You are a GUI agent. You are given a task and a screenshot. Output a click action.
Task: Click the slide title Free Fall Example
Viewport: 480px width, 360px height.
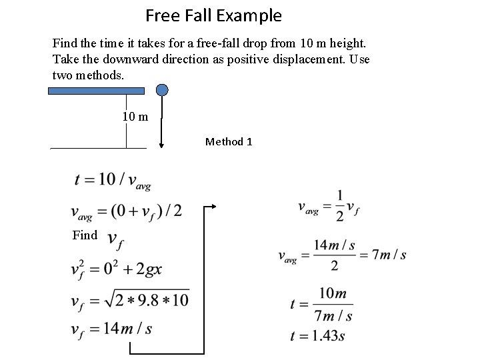tap(213, 15)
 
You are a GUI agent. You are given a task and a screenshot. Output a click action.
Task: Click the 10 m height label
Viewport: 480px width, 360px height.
tap(135, 117)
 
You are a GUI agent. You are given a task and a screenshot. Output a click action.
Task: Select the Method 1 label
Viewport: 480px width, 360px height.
tap(229, 141)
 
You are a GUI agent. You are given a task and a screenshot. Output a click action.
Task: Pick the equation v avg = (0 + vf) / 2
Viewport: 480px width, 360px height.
tap(127, 211)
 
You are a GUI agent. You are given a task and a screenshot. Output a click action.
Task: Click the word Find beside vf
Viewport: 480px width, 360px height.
tap(86, 235)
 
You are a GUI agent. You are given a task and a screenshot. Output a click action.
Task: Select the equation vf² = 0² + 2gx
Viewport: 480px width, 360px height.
tap(117, 269)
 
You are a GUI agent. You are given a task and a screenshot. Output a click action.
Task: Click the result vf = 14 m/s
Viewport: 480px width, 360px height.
tap(111, 329)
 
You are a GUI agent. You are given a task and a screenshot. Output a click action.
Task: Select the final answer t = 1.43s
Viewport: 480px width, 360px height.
tap(317, 336)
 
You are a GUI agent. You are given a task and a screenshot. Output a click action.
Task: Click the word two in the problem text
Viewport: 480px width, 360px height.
tap(64, 75)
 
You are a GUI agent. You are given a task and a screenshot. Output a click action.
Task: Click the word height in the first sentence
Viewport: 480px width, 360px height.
tap(347, 43)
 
